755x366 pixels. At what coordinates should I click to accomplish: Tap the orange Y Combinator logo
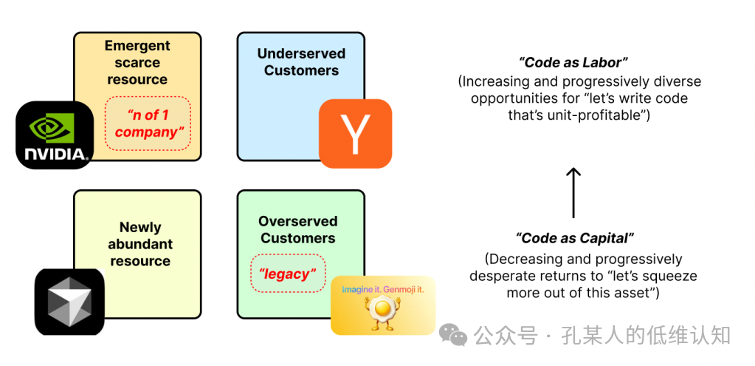coord(355,133)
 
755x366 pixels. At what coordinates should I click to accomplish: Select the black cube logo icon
coord(69,302)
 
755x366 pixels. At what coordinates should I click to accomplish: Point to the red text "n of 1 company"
coord(148,123)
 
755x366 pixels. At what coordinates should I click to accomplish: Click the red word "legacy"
coord(287,274)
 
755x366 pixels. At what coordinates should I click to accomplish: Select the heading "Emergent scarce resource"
coord(137,62)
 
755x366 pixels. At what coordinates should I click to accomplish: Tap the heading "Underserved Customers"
coord(301,62)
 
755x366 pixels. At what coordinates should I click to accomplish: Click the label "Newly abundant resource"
coord(140,244)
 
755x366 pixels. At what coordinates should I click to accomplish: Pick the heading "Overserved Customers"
coord(297,229)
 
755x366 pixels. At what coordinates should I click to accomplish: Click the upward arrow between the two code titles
coord(573,192)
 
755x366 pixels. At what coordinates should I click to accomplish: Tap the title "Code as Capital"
coord(575,238)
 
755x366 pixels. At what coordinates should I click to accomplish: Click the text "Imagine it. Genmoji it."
coord(383,289)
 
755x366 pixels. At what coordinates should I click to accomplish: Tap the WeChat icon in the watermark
coord(452,336)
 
